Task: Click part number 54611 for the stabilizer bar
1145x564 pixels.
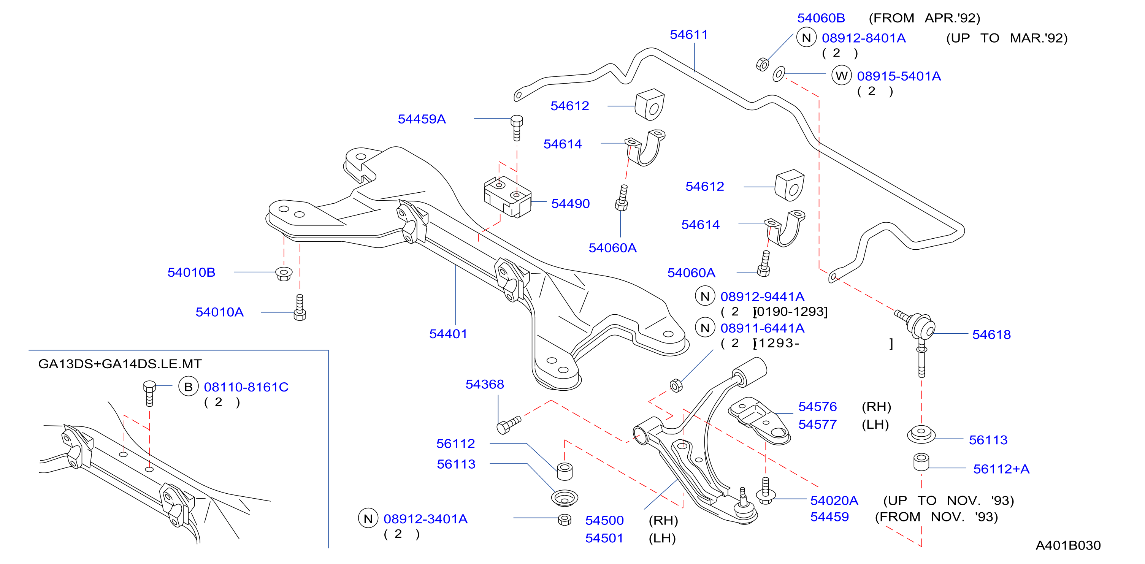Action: pos(688,35)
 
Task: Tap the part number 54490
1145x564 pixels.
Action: pos(570,204)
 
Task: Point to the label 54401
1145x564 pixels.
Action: pos(448,334)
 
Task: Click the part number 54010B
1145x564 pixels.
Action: pos(191,272)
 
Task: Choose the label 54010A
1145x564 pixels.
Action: pos(220,312)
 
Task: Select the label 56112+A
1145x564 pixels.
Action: pos(1001,469)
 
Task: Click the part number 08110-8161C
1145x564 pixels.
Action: pos(246,387)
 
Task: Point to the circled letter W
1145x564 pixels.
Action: pos(841,76)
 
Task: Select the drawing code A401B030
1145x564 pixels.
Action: pos(1068,545)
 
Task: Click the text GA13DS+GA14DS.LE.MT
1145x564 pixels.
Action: pos(120,364)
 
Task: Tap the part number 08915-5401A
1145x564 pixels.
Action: pos(899,76)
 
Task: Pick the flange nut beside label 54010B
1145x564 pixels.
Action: pos(284,273)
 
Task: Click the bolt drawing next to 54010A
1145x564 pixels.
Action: pos(300,307)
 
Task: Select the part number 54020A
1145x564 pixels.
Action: pos(834,501)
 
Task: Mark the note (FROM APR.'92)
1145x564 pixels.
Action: pos(924,18)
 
